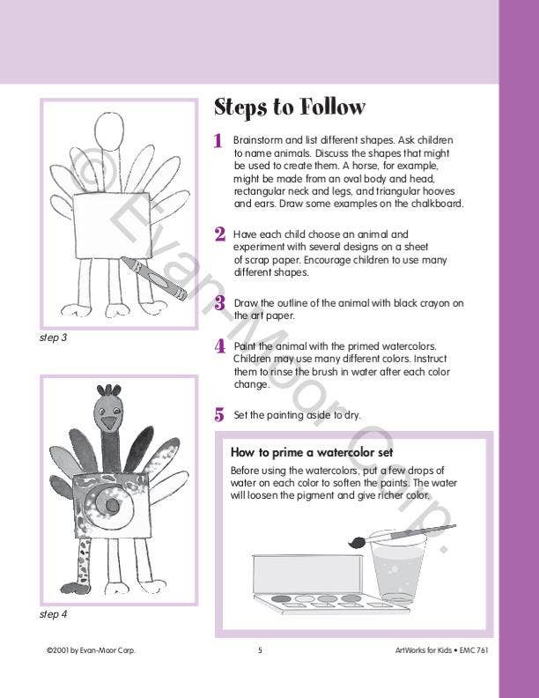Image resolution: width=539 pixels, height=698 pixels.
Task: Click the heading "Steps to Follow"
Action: point(290,108)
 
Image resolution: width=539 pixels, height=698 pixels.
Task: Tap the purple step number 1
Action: point(218,141)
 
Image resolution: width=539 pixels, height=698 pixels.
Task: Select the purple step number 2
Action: point(219,234)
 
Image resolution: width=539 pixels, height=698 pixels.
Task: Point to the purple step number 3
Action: point(220,304)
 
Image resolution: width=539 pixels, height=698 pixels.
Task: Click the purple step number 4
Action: point(219,346)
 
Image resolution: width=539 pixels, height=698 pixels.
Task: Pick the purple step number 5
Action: point(219,414)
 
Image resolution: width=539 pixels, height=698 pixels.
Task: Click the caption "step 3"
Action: point(54,338)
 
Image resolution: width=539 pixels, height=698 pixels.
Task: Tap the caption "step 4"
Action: point(54,614)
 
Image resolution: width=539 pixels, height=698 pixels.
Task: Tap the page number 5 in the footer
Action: point(260,650)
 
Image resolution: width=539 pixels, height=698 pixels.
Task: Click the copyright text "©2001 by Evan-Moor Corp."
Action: point(91,650)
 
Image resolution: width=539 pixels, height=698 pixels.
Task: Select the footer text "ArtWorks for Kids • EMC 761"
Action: point(442,650)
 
